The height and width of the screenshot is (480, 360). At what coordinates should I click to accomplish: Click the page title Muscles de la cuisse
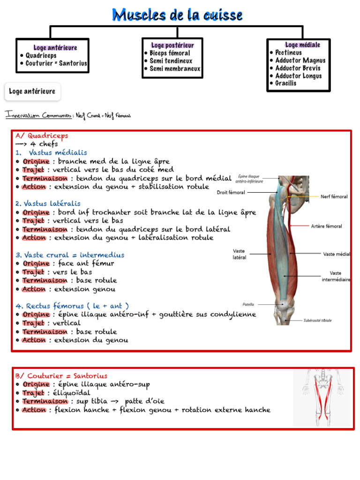pos(177,15)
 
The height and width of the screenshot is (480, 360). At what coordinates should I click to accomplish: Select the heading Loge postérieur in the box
pos(172,45)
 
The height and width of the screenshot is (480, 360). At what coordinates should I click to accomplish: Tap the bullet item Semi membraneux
pos(175,69)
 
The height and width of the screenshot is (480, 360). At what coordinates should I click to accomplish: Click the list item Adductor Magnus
pos(300,60)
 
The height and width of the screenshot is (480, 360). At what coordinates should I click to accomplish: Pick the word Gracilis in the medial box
pos(286,83)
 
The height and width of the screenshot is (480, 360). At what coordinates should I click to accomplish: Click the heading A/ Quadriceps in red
pos(42,136)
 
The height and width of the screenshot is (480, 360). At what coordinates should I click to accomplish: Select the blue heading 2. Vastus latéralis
pos(48,204)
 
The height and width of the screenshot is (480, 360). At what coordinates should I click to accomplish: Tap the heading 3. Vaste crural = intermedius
pos(70,255)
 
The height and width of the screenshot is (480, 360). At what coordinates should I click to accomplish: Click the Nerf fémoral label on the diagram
pos(334,197)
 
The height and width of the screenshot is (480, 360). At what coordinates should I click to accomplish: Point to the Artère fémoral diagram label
pos(326,226)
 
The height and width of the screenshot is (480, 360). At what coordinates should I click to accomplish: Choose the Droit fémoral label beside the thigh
pos(231,192)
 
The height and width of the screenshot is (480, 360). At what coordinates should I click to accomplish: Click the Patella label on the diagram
pos(248,304)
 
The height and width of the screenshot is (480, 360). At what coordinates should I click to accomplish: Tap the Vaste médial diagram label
pos(337,254)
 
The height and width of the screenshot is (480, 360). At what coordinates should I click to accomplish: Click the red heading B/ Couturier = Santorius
pos(61,376)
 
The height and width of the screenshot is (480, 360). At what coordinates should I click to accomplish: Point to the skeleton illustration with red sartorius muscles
pos(322,397)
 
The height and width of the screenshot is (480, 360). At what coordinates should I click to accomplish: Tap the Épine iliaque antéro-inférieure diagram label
pos(249,179)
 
